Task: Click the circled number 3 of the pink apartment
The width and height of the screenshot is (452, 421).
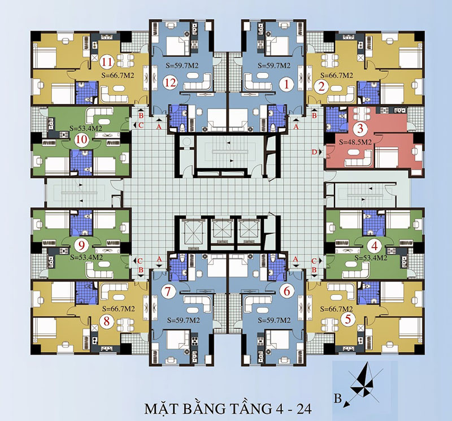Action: click(360, 128)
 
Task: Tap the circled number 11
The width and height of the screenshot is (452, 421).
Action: click(107, 62)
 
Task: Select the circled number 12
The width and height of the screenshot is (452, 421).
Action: click(171, 83)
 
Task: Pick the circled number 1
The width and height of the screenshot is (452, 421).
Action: click(286, 85)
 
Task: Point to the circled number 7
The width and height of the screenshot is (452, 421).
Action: click(168, 292)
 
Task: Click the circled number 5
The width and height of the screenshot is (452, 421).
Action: click(348, 319)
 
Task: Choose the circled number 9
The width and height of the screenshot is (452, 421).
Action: click(81, 246)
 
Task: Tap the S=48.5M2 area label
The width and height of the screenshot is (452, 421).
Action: click(355, 142)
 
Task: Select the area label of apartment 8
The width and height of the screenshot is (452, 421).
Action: click(119, 309)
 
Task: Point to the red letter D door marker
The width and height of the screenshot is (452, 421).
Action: click(315, 152)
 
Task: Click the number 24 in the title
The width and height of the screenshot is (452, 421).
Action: click(303, 409)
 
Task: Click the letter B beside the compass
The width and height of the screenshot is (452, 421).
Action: click(338, 398)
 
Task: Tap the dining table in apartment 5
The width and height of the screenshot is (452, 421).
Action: click(329, 325)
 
